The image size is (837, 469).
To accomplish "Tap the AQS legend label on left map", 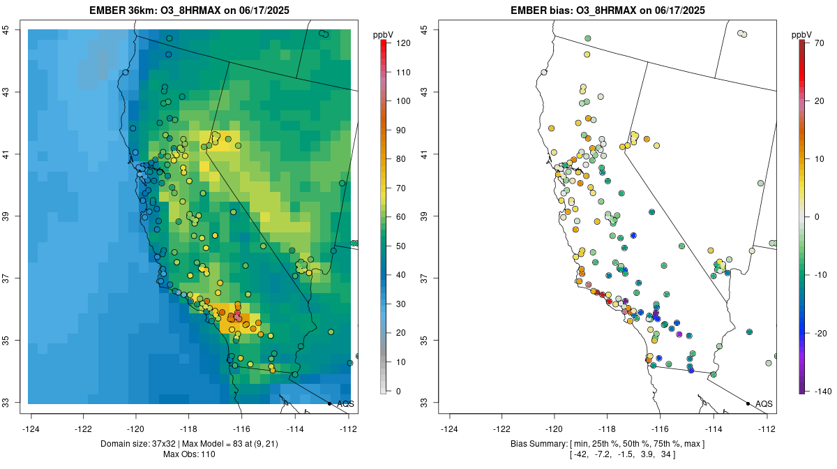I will (345, 404).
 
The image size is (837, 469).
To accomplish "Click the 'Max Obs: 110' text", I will (190, 454).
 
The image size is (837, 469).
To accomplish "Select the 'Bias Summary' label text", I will (539, 444).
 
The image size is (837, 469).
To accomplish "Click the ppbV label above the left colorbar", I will (383, 34).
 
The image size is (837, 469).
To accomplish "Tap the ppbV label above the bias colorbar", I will (801, 34).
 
